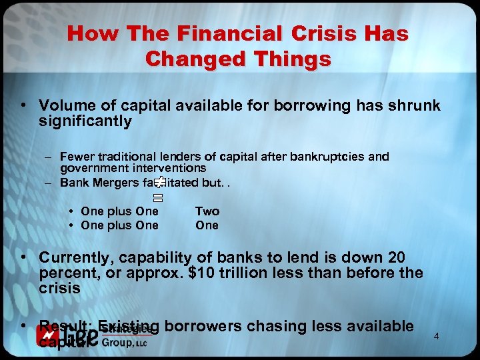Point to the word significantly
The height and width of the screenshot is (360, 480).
pyautogui.click(x=85, y=121)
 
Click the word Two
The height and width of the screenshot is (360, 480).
pyautogui.click(x=207, y=211)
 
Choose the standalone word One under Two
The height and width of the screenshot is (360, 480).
pyautogui.click(x=207, y=225)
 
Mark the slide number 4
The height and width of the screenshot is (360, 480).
pyautogui.click(x=436, y=336)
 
